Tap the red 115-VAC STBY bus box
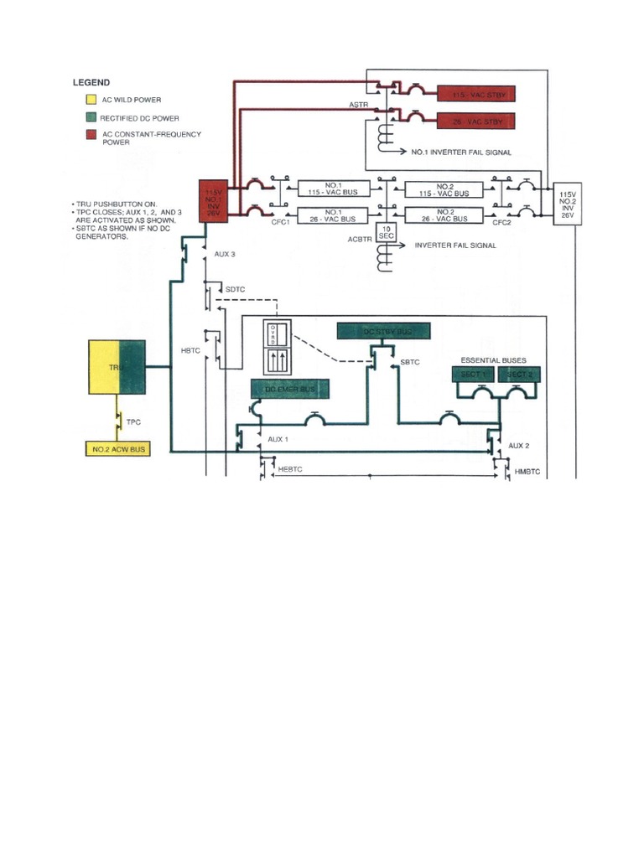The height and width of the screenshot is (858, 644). pos(475,94)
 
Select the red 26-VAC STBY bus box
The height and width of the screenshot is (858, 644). pos(475,121)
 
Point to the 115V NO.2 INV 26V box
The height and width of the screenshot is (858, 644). pos(566,204)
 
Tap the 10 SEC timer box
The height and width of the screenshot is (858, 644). pos(387,233)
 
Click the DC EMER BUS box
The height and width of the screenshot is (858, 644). pos(289,389)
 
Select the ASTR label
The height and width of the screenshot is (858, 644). pos(358,105)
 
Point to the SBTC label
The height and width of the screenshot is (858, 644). pos(410,362)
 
